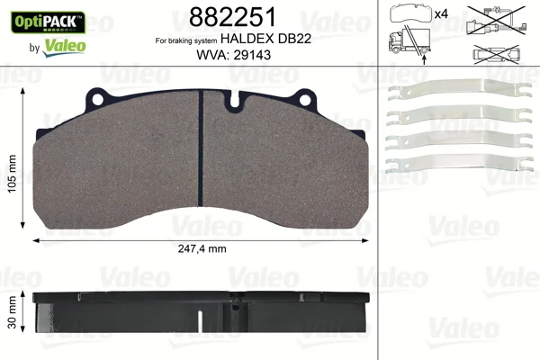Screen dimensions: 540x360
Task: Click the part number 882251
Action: tap(233, 17)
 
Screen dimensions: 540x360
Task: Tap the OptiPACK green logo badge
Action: tap(49, 22)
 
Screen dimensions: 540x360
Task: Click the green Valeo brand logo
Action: tap(64, 48)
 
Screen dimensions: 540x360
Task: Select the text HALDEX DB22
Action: tap(265, 39)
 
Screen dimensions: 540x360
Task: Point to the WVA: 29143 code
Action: tap(233, 55)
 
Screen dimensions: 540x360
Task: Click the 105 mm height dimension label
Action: tap(13, 174)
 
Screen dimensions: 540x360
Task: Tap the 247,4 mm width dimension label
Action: tap(202, 248)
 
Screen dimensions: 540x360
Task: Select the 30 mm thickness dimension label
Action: tap(13, 312)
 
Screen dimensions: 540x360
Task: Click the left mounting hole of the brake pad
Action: tap(97, 100)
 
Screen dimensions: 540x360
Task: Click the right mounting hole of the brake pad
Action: tap(305, 100)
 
